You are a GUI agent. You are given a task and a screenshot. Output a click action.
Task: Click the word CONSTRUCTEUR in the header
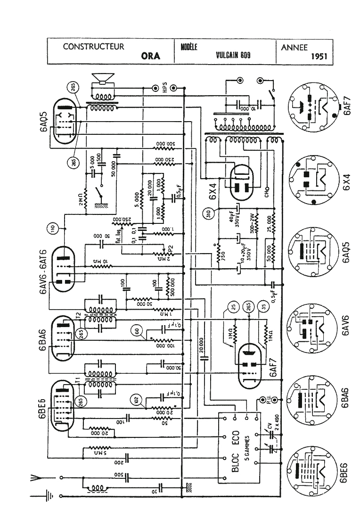[x=94, y=47]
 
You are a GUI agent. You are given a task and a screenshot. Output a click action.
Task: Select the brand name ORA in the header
[x=151, y=56]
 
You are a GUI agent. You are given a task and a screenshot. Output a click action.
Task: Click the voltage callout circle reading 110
[x=53, y=229]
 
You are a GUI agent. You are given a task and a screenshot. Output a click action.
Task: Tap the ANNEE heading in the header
[x=294, y=47]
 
